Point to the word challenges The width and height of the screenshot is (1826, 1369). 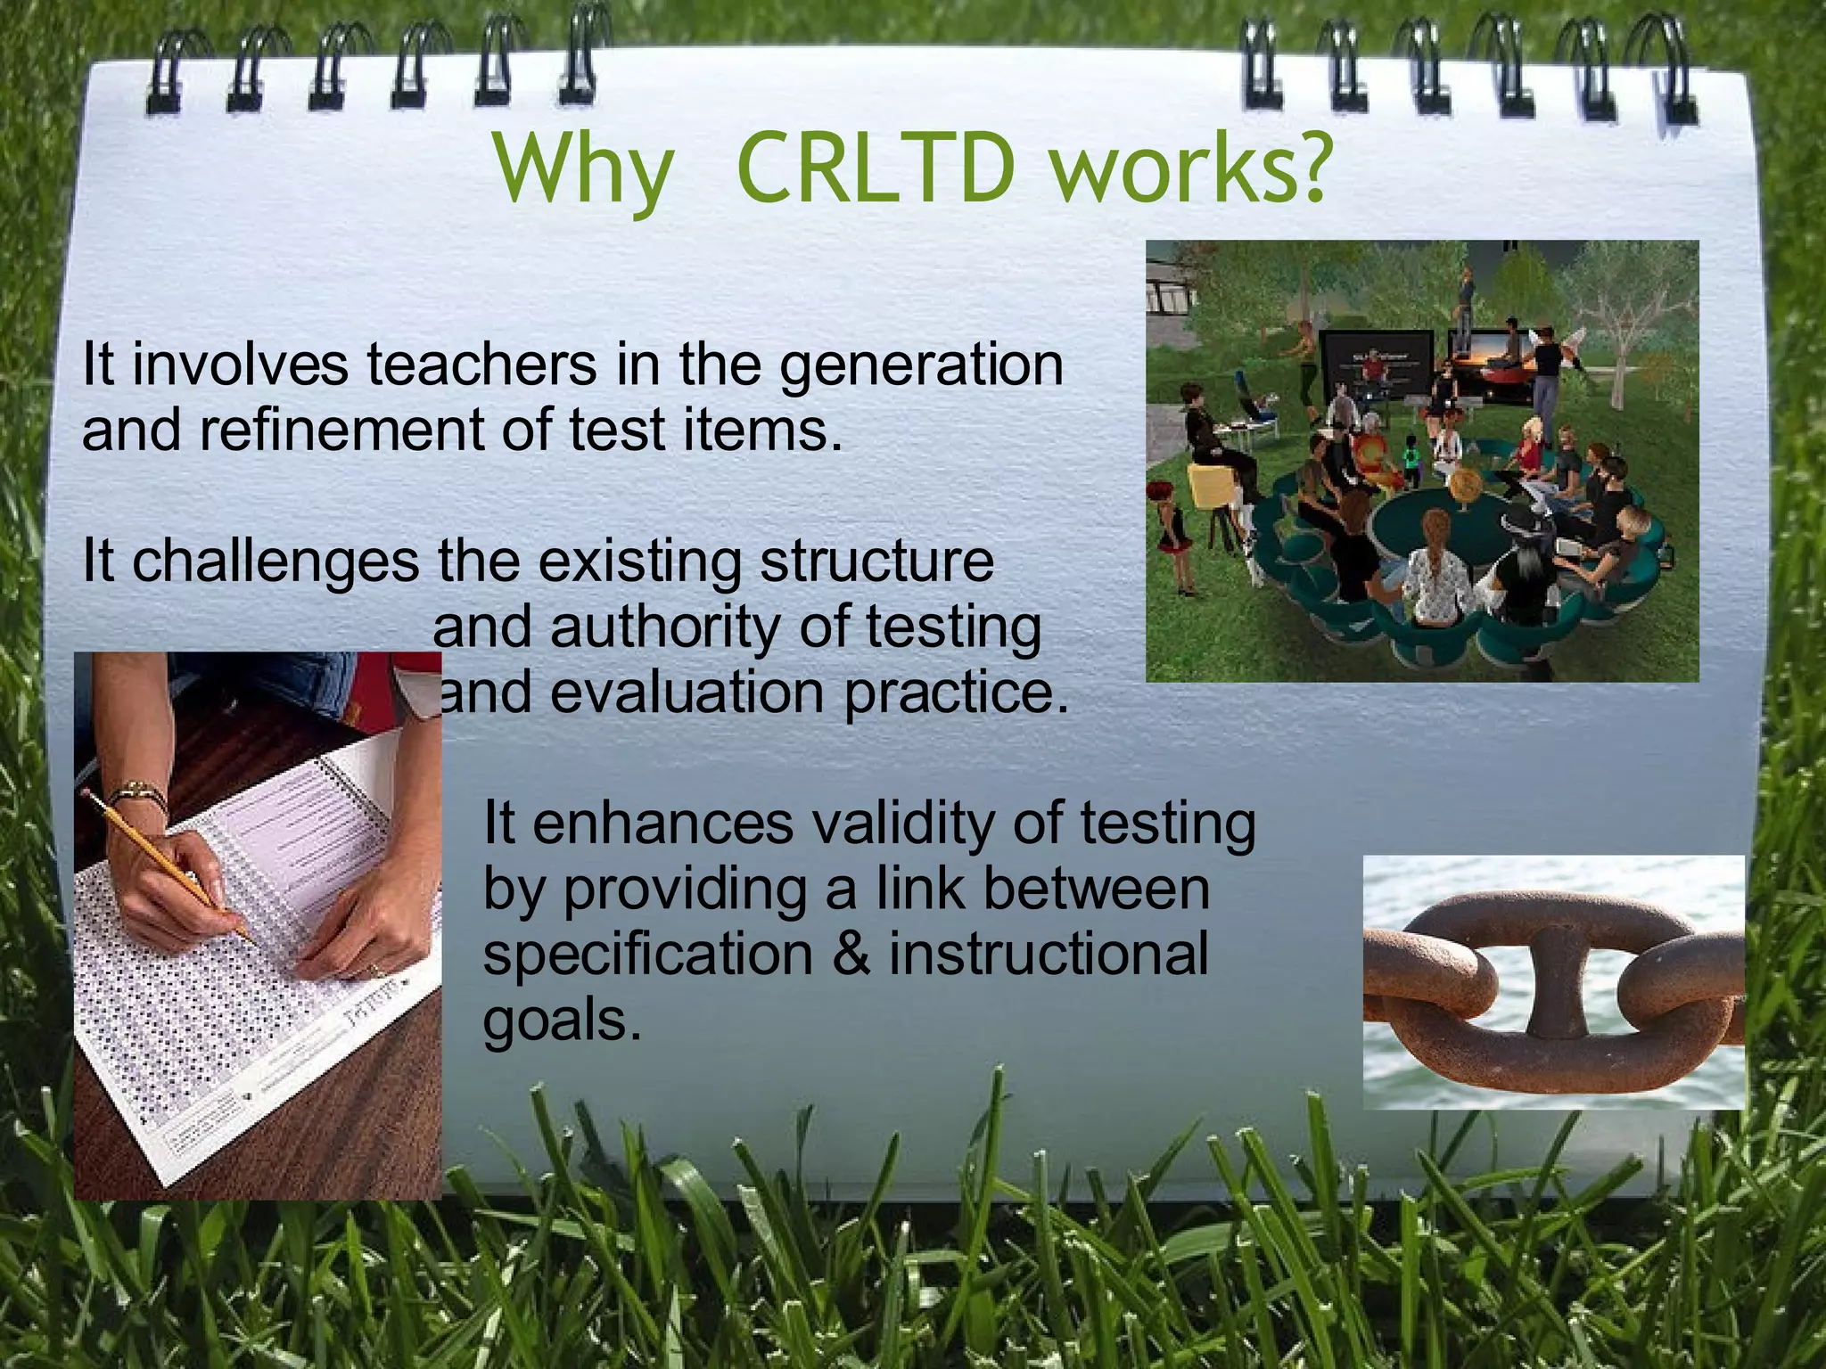275,562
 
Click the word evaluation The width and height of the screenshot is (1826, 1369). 687,693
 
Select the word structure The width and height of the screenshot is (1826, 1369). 877,562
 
